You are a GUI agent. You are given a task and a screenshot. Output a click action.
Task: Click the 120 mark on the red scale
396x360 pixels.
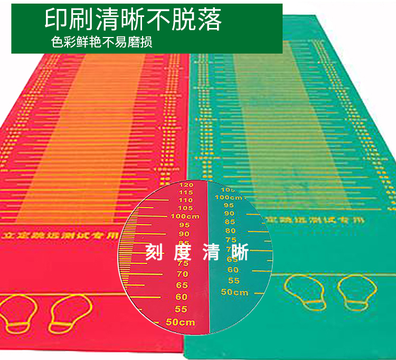coord(186,185)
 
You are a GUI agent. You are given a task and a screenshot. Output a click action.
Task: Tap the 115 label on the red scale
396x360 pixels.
coord(186,192)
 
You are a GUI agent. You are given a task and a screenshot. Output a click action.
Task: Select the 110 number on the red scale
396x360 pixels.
coord(185,200)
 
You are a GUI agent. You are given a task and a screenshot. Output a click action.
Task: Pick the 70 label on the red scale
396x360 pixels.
coord(182,274)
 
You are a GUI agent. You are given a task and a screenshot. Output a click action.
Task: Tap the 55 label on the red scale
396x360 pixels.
coord(181,309)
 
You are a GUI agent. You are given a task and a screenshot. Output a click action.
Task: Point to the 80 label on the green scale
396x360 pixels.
coord(230,230)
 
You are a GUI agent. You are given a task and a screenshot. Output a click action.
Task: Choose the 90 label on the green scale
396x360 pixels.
coord(229,213)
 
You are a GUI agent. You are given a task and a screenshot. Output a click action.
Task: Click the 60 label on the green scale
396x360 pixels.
coord(233,270)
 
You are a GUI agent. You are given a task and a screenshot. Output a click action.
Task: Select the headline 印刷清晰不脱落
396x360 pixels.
coord(133,20)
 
